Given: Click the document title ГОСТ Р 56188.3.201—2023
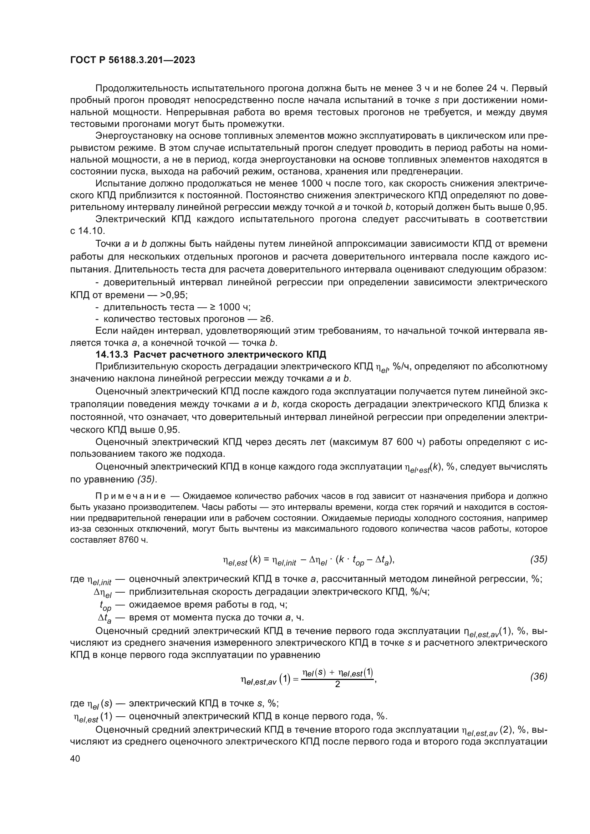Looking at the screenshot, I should click(x=133, y=60).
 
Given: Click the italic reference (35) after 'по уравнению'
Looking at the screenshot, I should click(x=147, y=479).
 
